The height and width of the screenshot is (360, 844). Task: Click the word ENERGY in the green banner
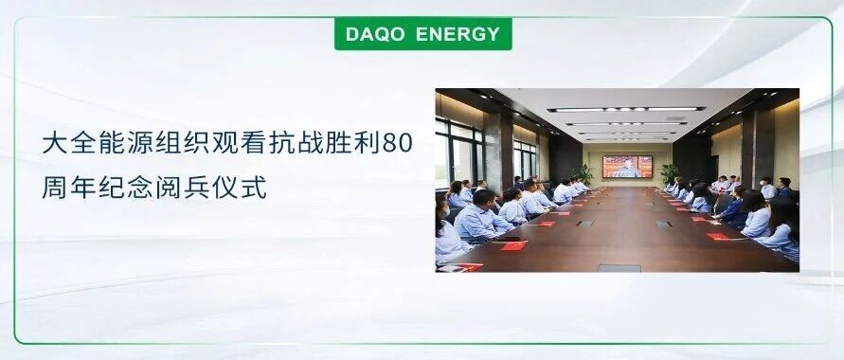pyautogui.click(x=458, y=34)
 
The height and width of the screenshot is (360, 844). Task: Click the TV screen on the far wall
pyautogui.click(x=627, y=167)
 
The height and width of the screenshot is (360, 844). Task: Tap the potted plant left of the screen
pyautogui.click(x=585, y=175)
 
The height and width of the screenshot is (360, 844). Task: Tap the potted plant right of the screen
pyautogui.click(x=669, y=174)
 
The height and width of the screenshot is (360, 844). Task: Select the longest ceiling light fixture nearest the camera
pyautogui.click(x=626, y=109)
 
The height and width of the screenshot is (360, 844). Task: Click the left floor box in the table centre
pyautogui.click(x=584, y=223)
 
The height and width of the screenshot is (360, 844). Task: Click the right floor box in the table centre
pyautogui.click(x=664, y=224)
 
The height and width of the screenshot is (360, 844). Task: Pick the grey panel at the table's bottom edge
pyautogui.click(x=620, y=268)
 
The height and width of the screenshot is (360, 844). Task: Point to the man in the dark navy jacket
pyautogui.click(x=783, y=189)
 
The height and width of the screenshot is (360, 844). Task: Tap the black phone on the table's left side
pyautogui.click(x=508, y=239)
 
